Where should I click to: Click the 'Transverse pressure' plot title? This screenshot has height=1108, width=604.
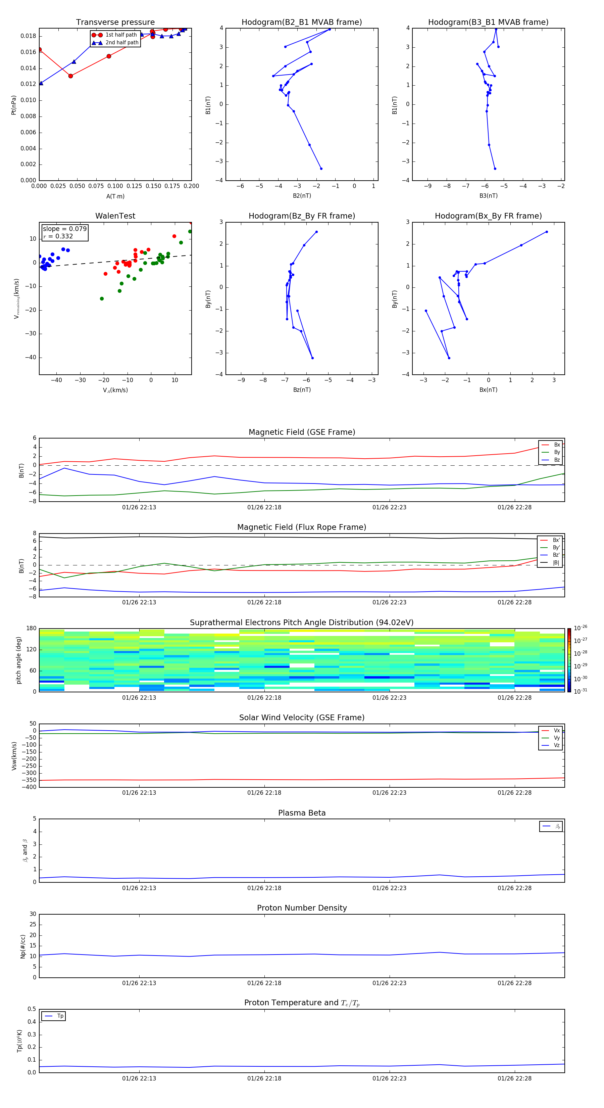click(x=115, y=22)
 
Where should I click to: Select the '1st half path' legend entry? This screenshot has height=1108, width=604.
click(x=121, y=35)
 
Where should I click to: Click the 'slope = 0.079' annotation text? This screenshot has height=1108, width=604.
click(x=64, y=229)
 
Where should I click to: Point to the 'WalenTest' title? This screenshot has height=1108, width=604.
click(x=115, y=216)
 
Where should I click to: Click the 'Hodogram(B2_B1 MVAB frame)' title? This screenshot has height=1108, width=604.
click(x=301, y=22)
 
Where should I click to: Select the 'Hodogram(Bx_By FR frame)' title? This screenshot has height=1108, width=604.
click(x=488, y=216)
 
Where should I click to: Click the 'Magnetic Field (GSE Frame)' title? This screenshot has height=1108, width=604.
click(x=302, y=432)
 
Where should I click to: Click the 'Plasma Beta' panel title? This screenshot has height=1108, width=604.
click(x=302, y=813)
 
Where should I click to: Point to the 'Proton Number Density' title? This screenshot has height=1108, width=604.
click(x=302, y=908)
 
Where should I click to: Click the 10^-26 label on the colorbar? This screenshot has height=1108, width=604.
click(x=581, y=628)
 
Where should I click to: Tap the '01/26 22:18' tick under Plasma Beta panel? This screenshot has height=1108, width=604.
click(x=264, y=888)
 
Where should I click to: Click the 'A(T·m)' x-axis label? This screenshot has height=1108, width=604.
click(x=115, y=196)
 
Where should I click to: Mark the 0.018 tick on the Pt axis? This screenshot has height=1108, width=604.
click(x=29, y=36)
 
